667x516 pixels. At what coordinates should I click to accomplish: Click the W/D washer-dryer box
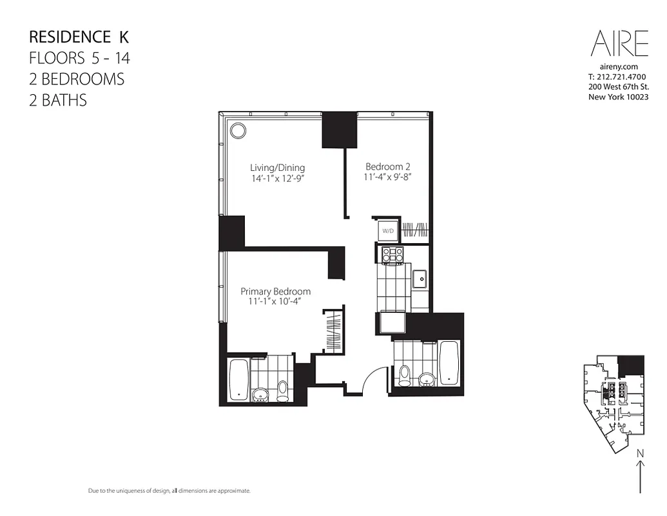click(x=388, y=230)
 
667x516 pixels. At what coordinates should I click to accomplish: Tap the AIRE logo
click(x=619, y=45)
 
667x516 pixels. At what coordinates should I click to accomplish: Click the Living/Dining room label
click(x=277, y=168)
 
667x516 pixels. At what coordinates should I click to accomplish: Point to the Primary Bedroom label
click(x=275, y=292)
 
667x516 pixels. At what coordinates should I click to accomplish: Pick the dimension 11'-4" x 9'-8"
click(x=388, y=177)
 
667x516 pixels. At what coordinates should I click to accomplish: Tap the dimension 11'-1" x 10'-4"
click(x=275, y=302)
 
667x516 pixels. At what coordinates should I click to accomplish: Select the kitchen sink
click(x=421, y=280)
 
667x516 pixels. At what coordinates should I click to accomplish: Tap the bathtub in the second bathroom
click(x=449, y=361)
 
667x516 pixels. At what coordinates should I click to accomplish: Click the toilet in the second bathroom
click(x=405, y=374)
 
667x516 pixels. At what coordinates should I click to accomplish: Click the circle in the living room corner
click(x=238, y=130)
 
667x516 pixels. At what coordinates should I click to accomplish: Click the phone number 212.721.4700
click(x=617, y=77)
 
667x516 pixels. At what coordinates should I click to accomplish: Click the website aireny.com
click(x=619, y=66)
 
